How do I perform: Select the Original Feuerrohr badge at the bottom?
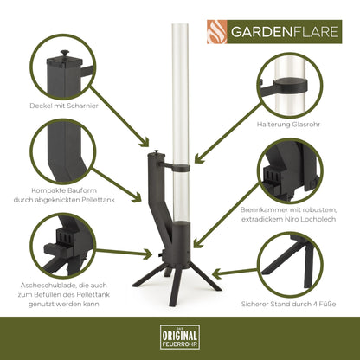tap(180, 336)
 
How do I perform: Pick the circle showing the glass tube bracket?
tap(295, 83)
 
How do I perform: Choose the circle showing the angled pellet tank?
tap(63, 151)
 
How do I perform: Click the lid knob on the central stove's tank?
tap(155, 152)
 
